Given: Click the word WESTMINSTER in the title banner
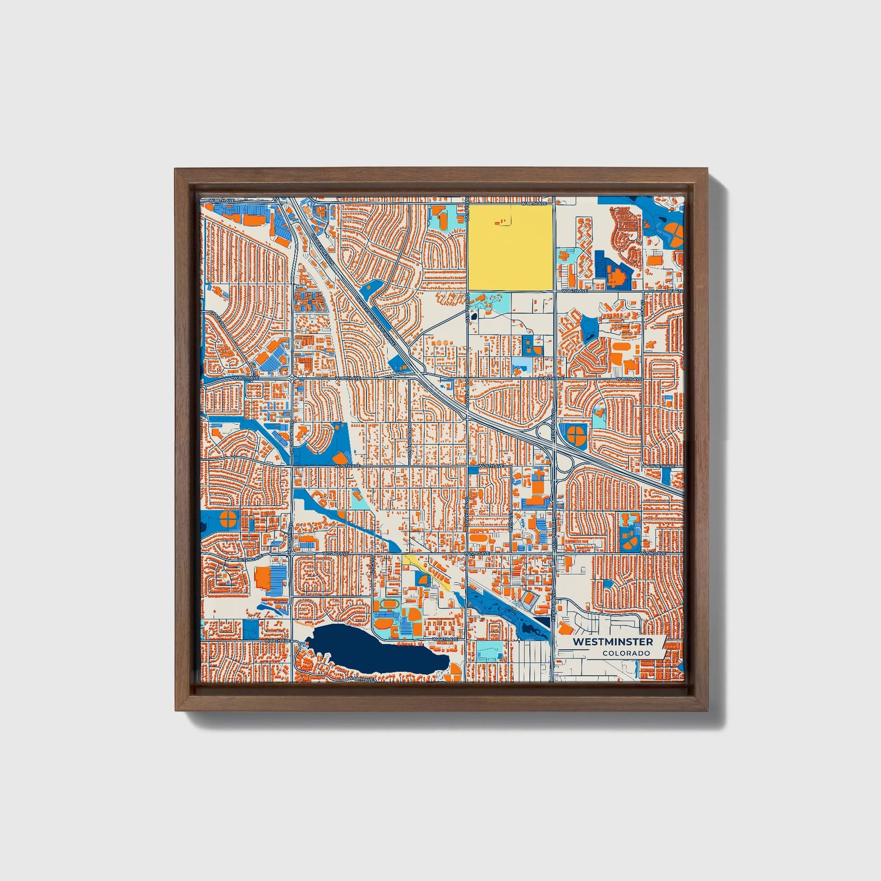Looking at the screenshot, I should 613,642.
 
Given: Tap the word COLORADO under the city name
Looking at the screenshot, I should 626,653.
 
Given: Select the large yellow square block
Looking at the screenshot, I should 510,247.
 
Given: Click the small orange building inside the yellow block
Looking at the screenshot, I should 502,222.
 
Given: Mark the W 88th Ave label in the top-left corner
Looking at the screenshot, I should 221,200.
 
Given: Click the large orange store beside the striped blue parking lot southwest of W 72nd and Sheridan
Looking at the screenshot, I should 263,579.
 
